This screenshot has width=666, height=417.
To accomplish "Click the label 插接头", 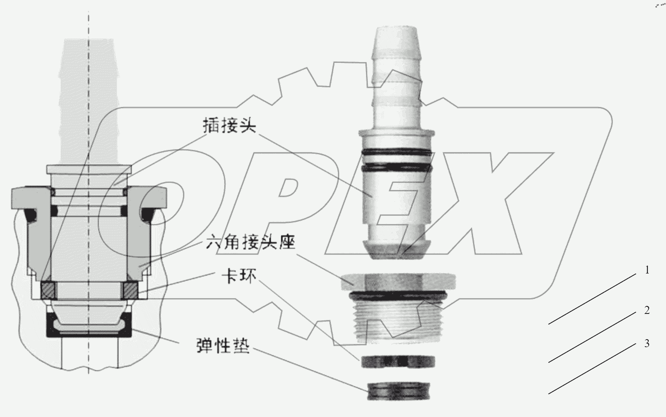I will (x=229, y=125).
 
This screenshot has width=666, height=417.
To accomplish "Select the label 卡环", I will (x=239, y=276).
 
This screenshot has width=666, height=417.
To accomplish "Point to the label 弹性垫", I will (x=223, y=346).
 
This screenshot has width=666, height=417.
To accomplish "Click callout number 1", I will (x=647, y=270).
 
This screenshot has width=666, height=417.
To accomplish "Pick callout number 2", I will (x=647, y=311).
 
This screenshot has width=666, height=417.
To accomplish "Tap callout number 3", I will (x=647, y=344).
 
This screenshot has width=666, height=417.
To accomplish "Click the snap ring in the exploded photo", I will (x=397, y=361).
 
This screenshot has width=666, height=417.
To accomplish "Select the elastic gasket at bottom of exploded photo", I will (x=398, y=391).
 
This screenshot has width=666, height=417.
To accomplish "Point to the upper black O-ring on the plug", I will (x=396, y=151).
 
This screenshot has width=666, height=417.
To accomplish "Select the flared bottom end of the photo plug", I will (x=396, y=248).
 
